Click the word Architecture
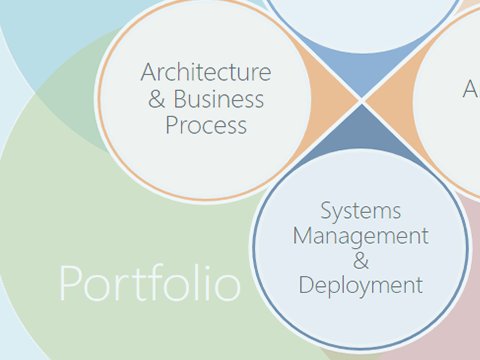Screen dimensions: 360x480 205,73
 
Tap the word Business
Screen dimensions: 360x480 219,99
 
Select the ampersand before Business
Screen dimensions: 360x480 157,99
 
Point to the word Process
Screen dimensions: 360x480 206,125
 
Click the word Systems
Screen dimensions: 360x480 361,211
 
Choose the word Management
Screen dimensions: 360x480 360,236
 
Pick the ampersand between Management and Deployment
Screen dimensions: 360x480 361,261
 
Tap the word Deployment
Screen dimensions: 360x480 360,285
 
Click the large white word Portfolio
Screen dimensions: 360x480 150,284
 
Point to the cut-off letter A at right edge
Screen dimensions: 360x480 471,90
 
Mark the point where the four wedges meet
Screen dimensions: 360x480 361,101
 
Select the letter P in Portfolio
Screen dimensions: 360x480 71,284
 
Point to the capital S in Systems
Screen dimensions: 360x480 327,211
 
